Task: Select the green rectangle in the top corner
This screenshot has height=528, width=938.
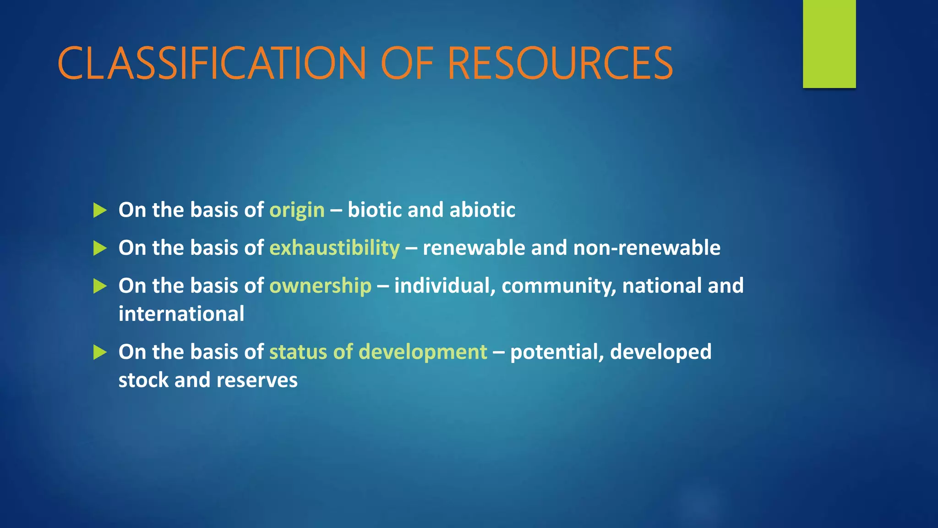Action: [829, 44]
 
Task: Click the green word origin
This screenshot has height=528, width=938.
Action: [297, 210]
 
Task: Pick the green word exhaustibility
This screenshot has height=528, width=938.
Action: [334, 248]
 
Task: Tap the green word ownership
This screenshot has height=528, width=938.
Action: [320, 286]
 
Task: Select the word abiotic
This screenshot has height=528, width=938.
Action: [482, 210]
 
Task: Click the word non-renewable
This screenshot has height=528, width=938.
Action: [646, 248]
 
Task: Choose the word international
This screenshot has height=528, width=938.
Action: [181, 314]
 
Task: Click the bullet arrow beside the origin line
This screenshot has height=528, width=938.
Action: [100, 210]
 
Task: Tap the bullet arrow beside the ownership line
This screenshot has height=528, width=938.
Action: [100, 286]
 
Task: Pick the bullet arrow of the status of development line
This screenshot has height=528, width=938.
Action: [100, 352]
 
